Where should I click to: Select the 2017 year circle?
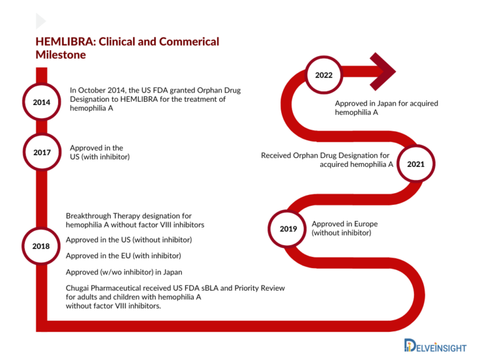[41, 152]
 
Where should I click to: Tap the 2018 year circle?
[41, 246]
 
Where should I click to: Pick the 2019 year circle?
[288, 229]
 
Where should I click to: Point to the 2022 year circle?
[323, 76]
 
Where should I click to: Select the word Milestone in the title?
[61, 55]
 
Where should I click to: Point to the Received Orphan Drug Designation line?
[325, 155]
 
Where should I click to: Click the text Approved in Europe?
[344, 224]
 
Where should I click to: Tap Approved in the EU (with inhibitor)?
[123, 256]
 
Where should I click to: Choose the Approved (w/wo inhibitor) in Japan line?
[124, 272]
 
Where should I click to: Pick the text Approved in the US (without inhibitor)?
[129, 240]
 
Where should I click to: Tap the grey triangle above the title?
[41, 21]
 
